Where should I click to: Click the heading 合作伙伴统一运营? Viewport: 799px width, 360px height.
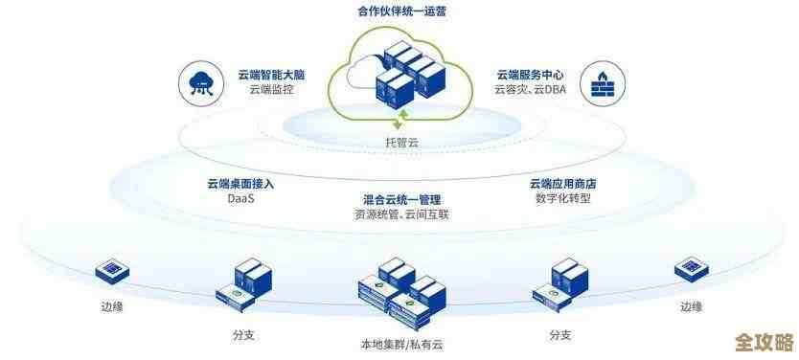click(x=400, y=12)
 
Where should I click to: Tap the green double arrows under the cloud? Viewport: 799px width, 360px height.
click(x=402, y=120)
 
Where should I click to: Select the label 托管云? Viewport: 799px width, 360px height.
click(x=402, y=142)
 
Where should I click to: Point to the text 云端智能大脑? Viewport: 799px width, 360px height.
click(x=271, y=74)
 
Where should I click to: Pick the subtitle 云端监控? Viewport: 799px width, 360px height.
click(x=270, y=91)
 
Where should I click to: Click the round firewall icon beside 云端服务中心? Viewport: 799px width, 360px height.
click(x=602, y=82)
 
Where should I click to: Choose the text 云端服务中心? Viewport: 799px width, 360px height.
click(x=530, y=74)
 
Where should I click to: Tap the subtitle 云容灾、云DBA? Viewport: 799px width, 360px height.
click(x=530, y=91)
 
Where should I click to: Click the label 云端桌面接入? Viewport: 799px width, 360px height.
click(x=240, y=183)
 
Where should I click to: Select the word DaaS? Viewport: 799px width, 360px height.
click(x=240, y=199)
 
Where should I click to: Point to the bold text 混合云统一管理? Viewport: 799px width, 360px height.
click(x=401, y=199)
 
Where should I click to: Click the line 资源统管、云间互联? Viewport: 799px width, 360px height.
click(x=401, y=214)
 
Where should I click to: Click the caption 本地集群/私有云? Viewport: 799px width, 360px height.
click(x=401, y=343)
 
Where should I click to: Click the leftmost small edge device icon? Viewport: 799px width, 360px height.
click(x=112, y=271)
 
